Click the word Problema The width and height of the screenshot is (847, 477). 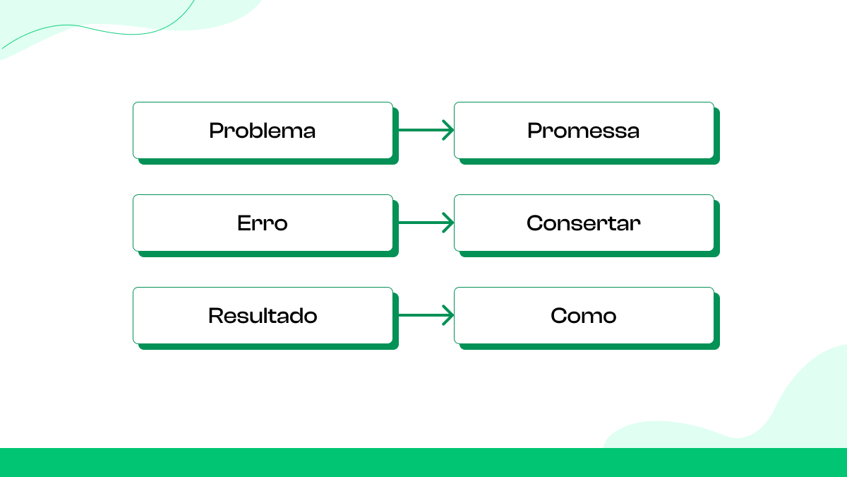[262, 131]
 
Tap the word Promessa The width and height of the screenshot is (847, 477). [583, 131]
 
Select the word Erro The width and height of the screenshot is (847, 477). [262, 223]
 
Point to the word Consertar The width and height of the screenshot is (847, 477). [583, 223]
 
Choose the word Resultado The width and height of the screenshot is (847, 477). [262, 316]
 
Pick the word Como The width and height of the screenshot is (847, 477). [583, 316]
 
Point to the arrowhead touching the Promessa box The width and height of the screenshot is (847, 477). [448, 130]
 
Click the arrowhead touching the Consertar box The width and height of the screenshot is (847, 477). [448, 223]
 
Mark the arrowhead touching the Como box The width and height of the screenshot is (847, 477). [448, 315]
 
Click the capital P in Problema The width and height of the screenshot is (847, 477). [216, 131]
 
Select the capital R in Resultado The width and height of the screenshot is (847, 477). [215, 316]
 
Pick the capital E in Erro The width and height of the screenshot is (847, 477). [244, 223]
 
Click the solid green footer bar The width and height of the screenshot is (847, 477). [423, 462]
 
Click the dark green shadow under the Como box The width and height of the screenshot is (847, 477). [589, 347]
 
